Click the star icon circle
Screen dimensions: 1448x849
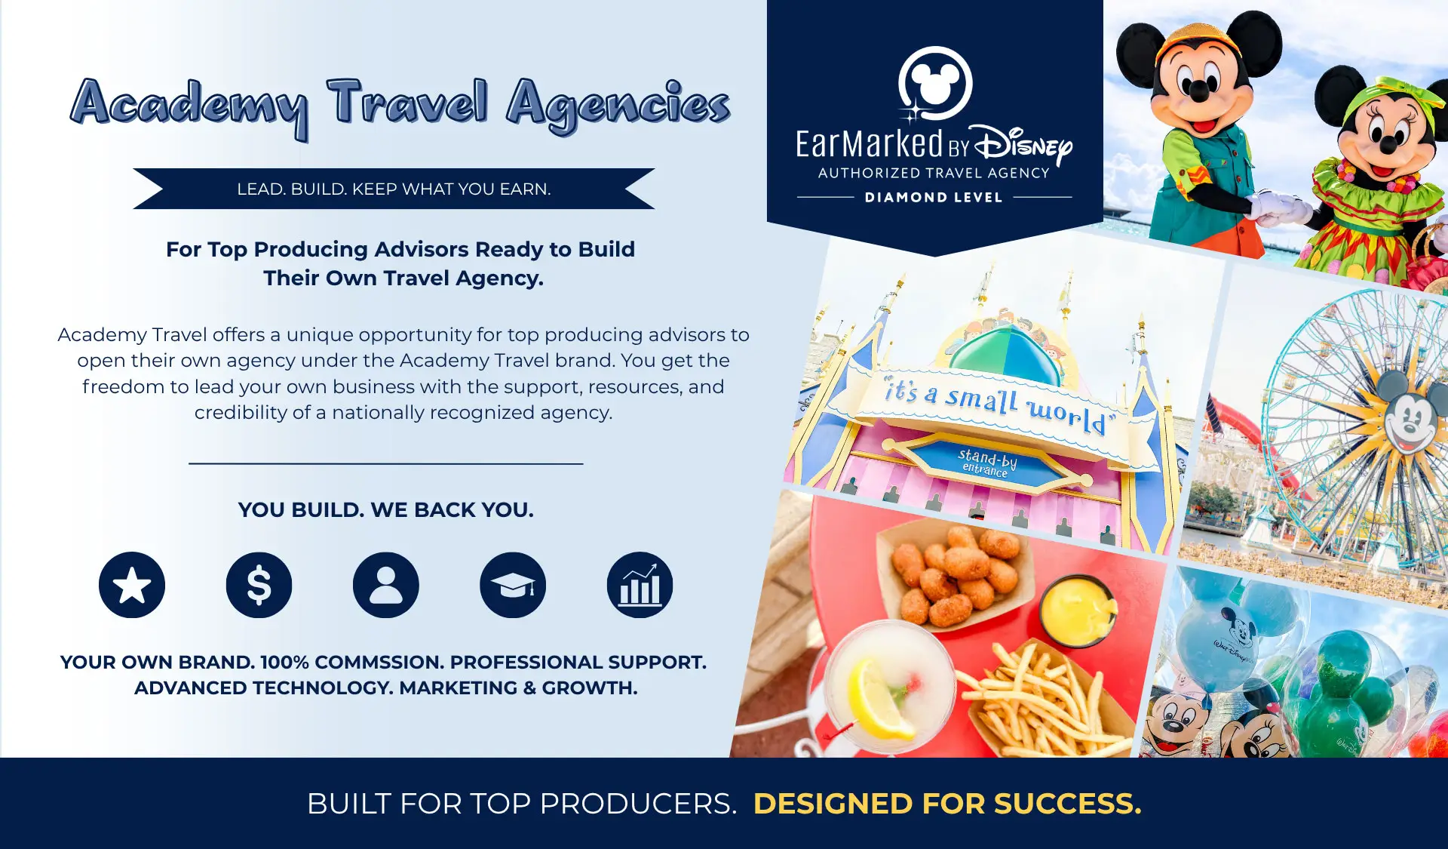pyautogui.click(x=132, y=585)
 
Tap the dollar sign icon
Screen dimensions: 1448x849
pyautogui.click(x=259, y=585)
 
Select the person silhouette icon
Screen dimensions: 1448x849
pyautogui.click(x=385, y=585)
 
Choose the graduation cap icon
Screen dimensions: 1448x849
pyautogui.click(x=513, y=585)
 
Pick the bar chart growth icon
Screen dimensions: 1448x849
pyautogui.click(x=640, y=585)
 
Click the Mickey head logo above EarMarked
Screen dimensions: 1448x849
pyautogui.click(x=934, y=83)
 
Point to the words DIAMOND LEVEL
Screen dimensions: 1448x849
pyautogui.click(x=934, y=198)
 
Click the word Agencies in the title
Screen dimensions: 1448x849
pyautogui.click(x=618, y=106)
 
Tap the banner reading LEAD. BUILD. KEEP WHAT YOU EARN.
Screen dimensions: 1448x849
pyautogui.click(x=394, y=189)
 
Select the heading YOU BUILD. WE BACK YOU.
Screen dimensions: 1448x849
pyautogui.click(x=385, y=510)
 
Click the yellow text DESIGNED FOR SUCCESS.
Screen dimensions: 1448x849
pyautogui.click(x=947, y=804)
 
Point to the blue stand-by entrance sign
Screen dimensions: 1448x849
pyautogui.click(x=987, y=462)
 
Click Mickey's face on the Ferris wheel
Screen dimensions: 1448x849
pyautogui.click(x=1408, y=417)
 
